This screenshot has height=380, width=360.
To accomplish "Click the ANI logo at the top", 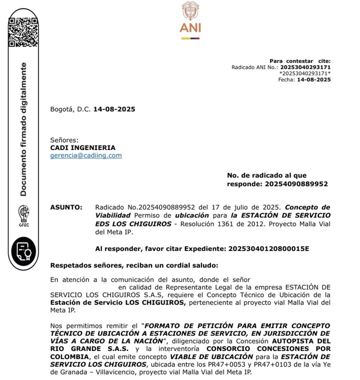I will [190, 20].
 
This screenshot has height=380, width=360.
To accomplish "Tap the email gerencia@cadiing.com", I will [85, 155].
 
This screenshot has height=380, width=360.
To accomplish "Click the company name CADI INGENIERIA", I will [82, 147].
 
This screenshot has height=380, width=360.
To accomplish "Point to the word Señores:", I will [64, 140].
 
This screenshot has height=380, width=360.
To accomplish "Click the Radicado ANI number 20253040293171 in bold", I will [305, 67].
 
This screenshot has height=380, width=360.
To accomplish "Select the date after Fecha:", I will [313, 79].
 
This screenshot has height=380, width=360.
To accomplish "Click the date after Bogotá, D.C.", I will [114, 109].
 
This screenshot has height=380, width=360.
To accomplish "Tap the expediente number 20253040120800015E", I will [268, 248].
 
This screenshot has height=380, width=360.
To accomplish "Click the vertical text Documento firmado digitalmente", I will [23, 129].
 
